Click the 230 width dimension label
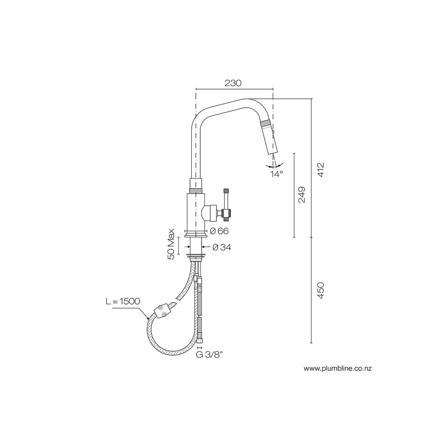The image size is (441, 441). point(233,83)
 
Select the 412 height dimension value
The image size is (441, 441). point(321,170)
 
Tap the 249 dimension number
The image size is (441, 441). point(302,195)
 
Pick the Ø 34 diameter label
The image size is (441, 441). point(222,247)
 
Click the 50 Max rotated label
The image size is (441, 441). point(171,244)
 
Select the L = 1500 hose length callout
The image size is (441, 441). point(123,301)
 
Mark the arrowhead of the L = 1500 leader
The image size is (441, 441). point(148,319)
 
